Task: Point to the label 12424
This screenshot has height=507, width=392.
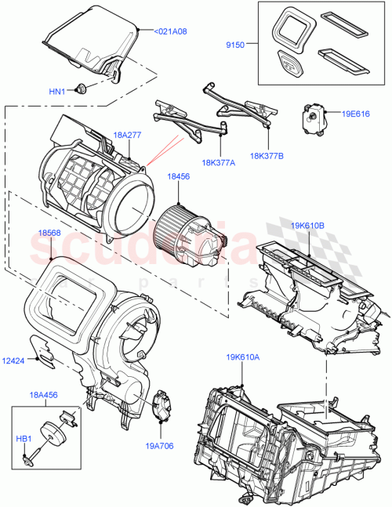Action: click(x=13, y=360)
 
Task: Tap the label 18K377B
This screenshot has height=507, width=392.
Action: click(x=267, y=155)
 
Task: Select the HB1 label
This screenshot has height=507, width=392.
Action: click(x=25, y=439)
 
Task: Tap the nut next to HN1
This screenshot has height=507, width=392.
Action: click(x=81, y=89)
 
